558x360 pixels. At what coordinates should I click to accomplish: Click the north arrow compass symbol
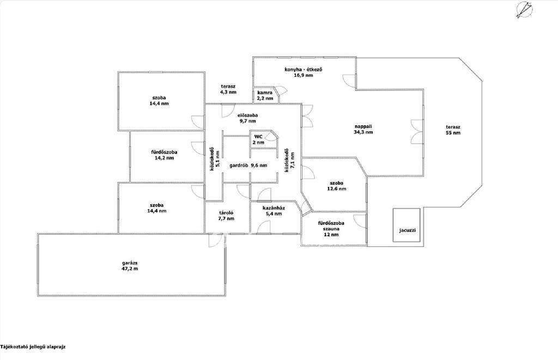point(524,10)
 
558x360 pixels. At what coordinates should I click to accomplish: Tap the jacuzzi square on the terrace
point(407,225)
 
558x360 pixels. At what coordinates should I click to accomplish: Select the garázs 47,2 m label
point(130,266)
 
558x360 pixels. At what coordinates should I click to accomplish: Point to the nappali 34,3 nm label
point(363,129)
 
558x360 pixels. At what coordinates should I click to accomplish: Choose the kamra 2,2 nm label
point(265,95)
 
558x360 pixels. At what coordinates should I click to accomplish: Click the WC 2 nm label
point(258,139)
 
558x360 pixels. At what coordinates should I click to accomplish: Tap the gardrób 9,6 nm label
point(248,165)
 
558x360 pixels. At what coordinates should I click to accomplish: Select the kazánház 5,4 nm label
point(274,211)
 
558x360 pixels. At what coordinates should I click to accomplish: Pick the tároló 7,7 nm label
point(226,216)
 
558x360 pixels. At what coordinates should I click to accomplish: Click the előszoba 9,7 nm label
point(248,118)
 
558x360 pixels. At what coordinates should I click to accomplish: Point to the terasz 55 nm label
point(453,130)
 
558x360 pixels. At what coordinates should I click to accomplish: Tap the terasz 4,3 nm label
point(228,89)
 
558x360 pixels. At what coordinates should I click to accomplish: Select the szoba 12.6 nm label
point(336,186)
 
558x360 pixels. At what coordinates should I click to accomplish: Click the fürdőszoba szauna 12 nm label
point(331,229)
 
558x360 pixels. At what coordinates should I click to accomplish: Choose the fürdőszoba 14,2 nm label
point(164,155)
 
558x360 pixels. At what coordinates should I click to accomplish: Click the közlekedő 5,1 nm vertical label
point(215,159)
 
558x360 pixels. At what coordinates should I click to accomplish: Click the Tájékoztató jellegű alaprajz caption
point(33,346)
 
